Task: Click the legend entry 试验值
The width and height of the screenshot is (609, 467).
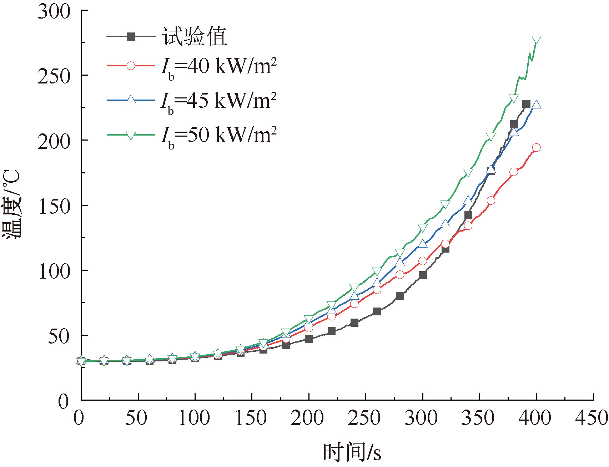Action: (195, 36)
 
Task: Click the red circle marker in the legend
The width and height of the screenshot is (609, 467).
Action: (131, 66)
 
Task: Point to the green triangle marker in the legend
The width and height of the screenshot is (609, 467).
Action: (131, 135)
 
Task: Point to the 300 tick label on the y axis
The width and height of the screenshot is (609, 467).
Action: (54, 11)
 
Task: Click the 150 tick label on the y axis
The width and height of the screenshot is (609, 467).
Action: (54, 206)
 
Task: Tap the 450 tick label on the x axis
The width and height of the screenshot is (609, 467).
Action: (591, 418)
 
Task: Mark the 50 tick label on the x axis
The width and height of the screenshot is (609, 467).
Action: (136, 418)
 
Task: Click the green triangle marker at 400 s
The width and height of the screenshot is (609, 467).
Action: (536, 40)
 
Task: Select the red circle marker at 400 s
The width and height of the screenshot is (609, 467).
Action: (536, 148)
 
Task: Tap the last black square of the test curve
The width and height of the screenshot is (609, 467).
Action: (526, 104)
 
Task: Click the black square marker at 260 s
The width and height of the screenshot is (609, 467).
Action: (377, 311)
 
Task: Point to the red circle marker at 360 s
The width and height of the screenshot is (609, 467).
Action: (491, 200)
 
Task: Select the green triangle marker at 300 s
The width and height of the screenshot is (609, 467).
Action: (423, 228)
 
